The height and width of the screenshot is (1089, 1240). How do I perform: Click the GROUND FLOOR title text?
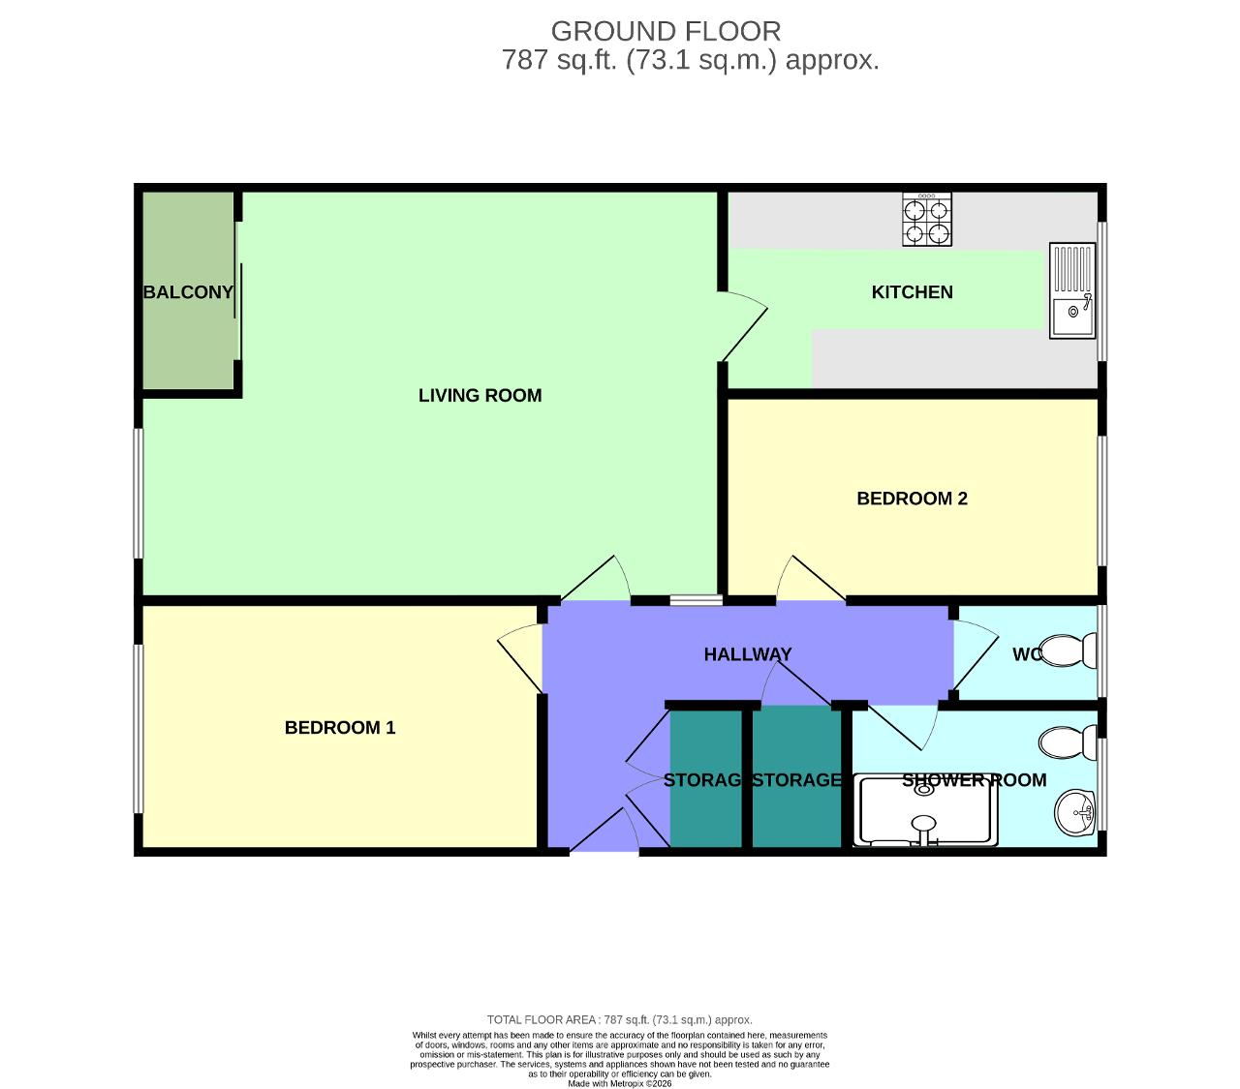(x=666, y=31)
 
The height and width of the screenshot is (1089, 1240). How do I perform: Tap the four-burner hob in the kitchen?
(x=926, y=220)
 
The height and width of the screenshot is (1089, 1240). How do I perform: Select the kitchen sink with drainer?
(x=1072, y=290)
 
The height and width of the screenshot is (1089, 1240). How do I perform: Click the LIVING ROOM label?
(x=480, y=395)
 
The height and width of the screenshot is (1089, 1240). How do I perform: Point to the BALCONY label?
(x=188, y=292)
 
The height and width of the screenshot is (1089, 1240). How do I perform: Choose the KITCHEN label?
(x=912, y=292)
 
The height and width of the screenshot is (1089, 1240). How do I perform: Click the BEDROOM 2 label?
(x=912, y=499)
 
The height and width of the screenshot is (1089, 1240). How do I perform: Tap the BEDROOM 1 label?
(x=340, y=728)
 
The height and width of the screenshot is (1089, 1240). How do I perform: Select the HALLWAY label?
(x=747, y=654)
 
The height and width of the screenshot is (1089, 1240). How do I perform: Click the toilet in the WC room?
(x=1066, y=650)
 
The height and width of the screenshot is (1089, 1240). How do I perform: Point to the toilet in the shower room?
(x=1066, y=742)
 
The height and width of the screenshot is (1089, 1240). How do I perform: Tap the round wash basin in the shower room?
(x=1074, y=812)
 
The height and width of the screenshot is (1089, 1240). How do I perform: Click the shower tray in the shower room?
(x=927, y=810)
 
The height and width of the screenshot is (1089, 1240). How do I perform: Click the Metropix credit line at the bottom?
(x=619, y=1083)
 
